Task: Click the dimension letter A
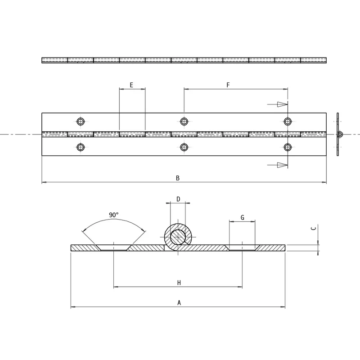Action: [x=179, y=302]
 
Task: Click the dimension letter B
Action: [x=177, y=178]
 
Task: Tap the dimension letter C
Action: [x=313, y=228]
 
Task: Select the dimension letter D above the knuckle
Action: [x=178, y=199]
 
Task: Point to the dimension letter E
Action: [x=131, y=85]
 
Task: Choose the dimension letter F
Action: [x=228, y=85]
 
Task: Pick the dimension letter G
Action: [x=243, y=217]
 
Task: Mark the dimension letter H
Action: [x=179, y=283]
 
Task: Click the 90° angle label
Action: [x=114, y=215]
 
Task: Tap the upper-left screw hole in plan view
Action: [x=81, y=121]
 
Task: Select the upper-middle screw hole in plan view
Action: [x=184, y=121]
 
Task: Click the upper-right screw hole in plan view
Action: [x=288, y=121]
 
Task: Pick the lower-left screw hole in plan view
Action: [x=81, y=147]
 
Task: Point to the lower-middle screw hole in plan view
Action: [x=184, y=147]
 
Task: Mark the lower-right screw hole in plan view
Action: [x=288, y=147]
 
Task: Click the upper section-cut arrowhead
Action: [x=283, y=104]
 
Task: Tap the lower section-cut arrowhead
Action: [x=283, y=165]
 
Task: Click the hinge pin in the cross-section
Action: [x=178, y=237]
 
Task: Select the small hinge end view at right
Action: [x=338, y=134]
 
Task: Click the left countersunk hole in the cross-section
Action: [x=114, y=247]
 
